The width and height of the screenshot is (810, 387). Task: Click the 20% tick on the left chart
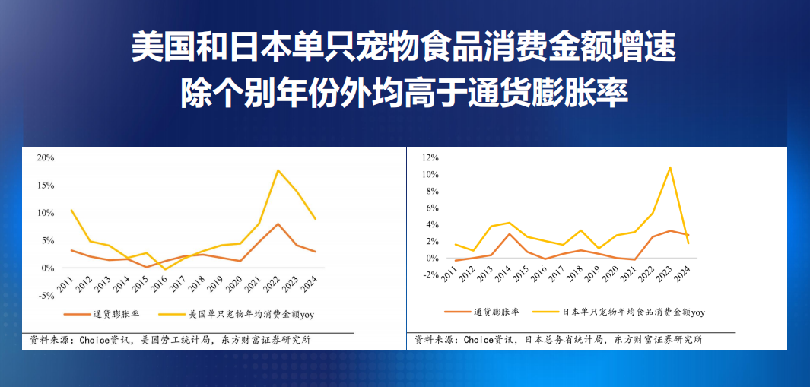pos(45,157)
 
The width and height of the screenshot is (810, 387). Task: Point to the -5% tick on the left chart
pos(45,296)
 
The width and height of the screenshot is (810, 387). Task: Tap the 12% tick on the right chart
pos(430,157)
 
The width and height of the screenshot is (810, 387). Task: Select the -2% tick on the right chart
pos(430,274)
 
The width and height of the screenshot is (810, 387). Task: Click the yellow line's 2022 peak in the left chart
pos(278,170)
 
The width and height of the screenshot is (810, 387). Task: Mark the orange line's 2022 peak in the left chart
pos(278,224)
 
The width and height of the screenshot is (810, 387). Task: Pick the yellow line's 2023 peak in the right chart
pos(669,167)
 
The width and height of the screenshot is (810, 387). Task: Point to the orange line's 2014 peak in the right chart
pos(510,233)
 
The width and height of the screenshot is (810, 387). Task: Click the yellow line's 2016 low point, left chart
pos(166,269)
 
